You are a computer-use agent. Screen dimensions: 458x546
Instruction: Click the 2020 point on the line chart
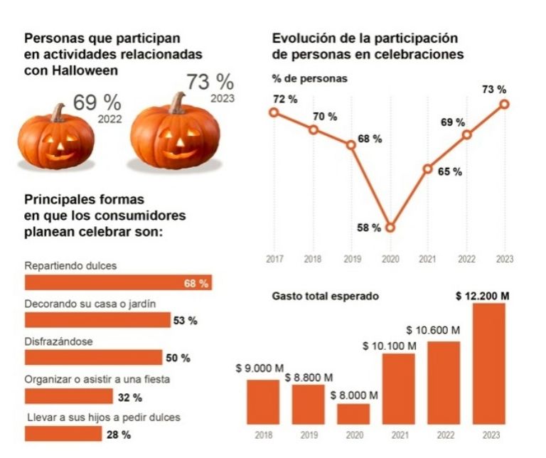coord(390,228)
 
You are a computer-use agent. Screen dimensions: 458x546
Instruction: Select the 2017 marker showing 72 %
coord(274,112)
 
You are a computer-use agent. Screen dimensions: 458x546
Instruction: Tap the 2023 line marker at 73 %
coord(505,104)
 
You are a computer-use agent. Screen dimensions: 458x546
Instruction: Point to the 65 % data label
coord(450,171)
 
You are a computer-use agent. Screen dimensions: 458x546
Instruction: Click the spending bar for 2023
coord(489,363)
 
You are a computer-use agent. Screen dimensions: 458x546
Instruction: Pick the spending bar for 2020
coord(353,414)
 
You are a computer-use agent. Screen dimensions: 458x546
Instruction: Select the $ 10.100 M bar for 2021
coord(399,388)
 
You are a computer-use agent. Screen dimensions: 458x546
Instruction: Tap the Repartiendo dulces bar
coord(118,283)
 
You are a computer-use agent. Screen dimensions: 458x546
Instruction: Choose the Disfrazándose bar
coord(93,357)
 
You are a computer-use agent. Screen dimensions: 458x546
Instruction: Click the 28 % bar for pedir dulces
coord(63,433)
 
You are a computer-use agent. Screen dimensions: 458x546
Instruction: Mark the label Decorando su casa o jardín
coord(90,303)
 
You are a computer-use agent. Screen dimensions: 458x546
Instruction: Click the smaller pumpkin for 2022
coord(55,139)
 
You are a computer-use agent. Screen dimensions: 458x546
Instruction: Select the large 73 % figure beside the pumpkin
coord(210,82)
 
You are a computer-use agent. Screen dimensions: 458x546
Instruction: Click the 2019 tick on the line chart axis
coord(350,259)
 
